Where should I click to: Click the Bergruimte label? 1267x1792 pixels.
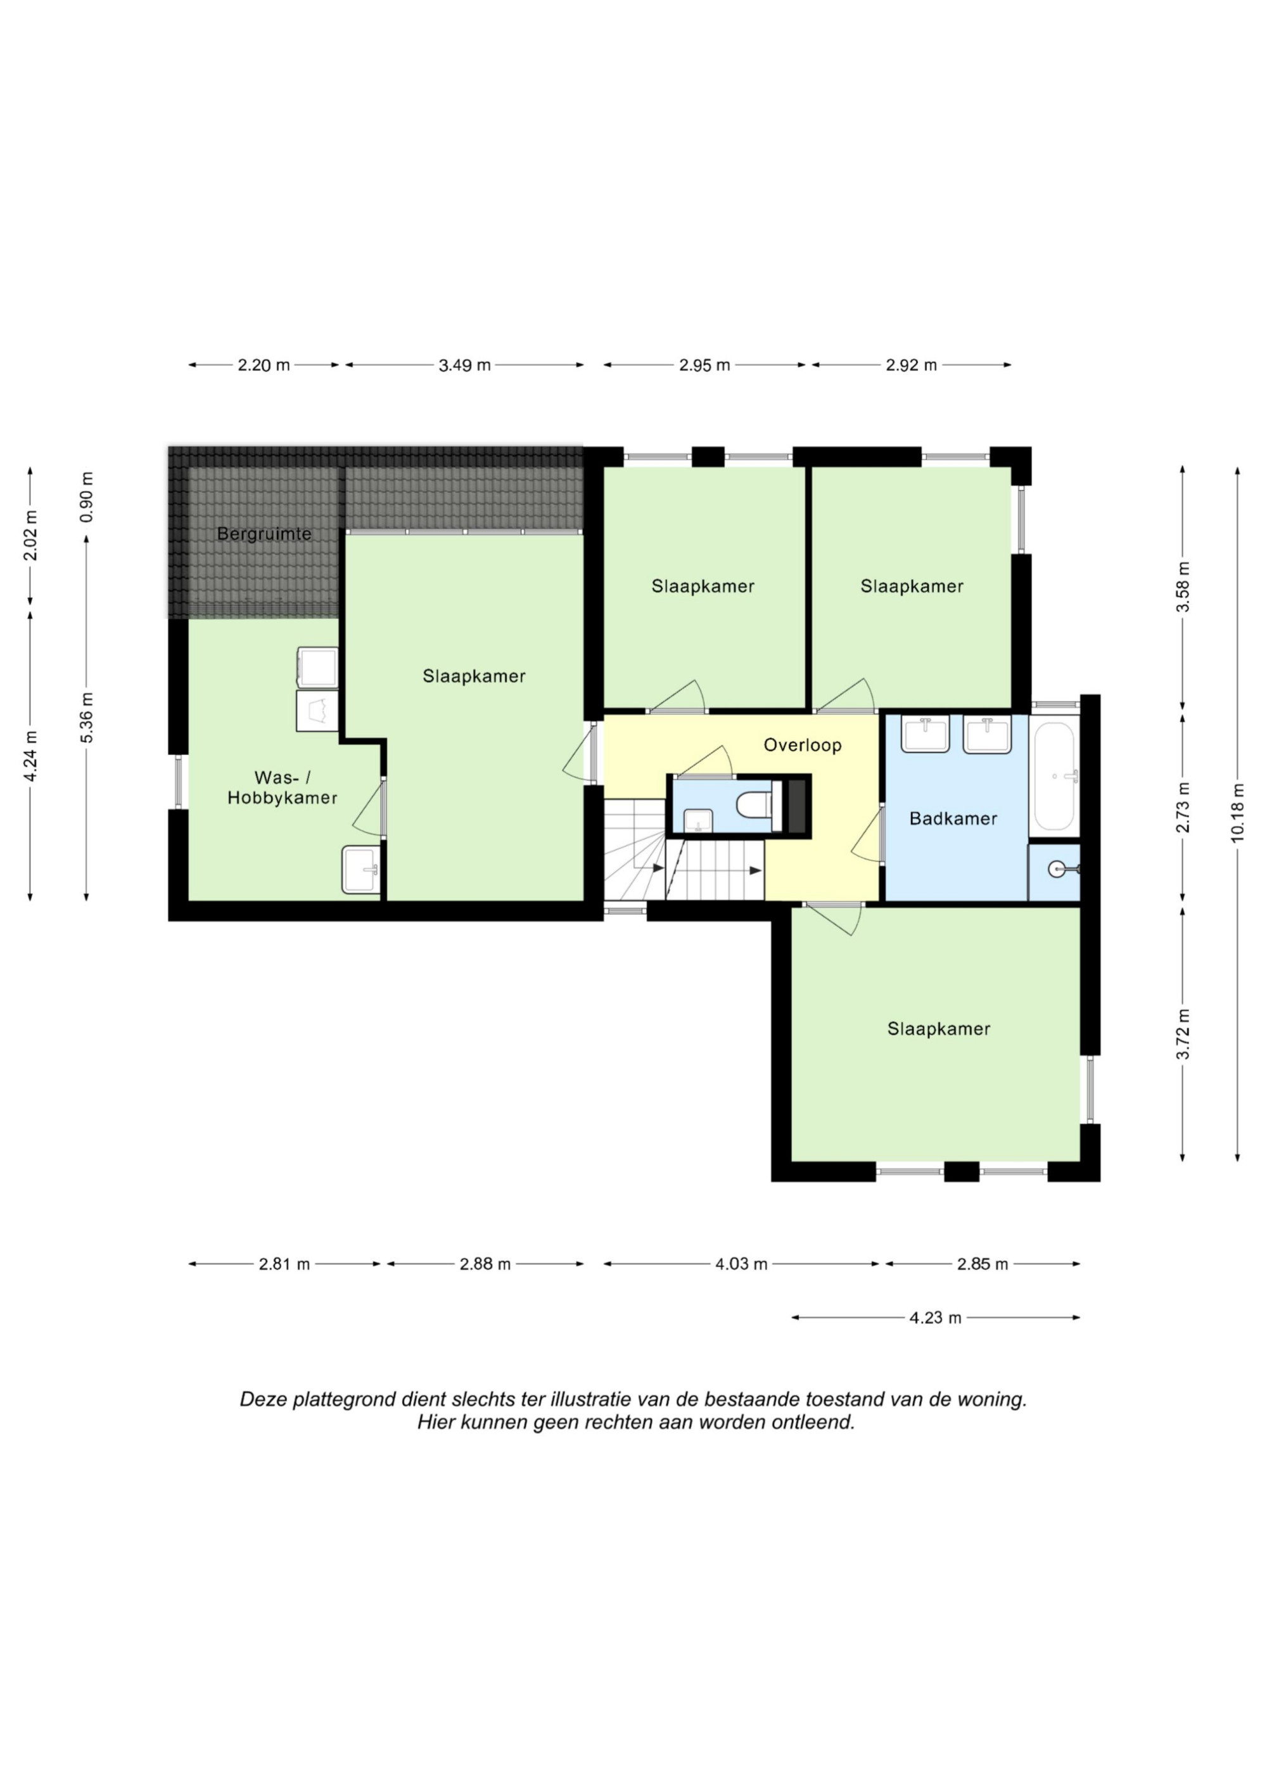point(264,534)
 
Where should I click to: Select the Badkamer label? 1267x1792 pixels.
point(953,819)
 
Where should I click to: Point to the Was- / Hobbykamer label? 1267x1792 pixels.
point(282,787)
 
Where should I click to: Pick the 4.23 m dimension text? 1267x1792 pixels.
point(935,1318)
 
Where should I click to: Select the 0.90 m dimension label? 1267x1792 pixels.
point(87,497)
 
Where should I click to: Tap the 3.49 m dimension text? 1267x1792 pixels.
point(464,364)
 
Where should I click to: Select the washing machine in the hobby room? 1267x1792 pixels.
point(317,711)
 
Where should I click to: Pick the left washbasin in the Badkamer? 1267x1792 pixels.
point(925,734)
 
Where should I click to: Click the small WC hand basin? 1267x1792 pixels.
point(698,821)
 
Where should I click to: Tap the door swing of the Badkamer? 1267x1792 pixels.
point(867,834)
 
